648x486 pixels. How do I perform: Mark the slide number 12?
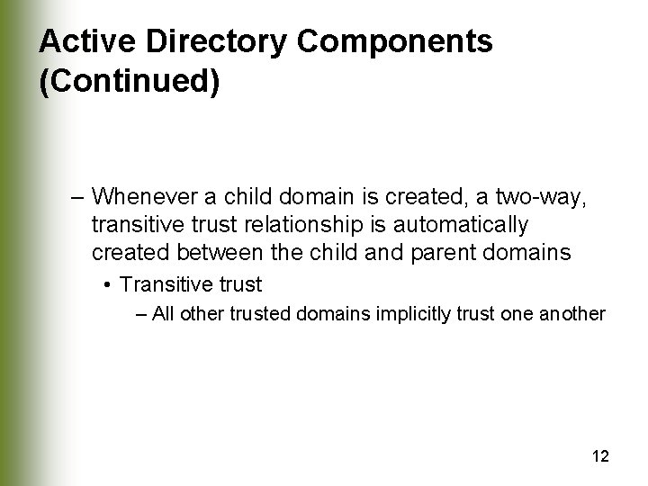tap(601, 456)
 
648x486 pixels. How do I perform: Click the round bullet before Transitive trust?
tap(107, 285)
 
